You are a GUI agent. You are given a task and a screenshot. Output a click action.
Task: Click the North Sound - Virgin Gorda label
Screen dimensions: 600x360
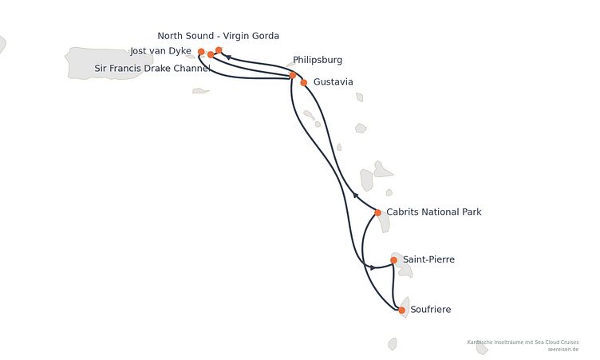(218, 36)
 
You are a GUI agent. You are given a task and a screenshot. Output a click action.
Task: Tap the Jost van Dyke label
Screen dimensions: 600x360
(160, 51)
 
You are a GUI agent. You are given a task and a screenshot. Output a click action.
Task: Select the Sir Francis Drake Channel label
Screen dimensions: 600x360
(152, 68)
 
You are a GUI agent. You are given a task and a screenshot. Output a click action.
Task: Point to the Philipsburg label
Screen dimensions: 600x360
(318, 60)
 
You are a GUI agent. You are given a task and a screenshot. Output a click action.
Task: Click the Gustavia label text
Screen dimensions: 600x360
(333, 82)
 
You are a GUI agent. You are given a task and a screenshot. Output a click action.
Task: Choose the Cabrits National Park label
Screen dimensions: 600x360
(434, 212)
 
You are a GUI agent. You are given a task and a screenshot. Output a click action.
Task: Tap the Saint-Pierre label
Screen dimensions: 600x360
(428, 259)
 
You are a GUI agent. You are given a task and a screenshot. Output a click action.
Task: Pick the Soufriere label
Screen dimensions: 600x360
(431, 310)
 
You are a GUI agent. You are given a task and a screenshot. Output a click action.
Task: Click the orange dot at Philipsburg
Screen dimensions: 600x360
(293, 75)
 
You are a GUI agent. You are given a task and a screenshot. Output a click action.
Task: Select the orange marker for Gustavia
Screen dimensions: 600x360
(304, 83)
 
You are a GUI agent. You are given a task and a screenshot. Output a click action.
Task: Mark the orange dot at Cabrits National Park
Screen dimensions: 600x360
(377, 212)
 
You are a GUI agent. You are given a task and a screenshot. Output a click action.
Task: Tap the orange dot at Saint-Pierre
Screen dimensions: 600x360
(394, 260)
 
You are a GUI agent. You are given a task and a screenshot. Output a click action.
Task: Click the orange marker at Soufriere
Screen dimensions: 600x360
(402, 311)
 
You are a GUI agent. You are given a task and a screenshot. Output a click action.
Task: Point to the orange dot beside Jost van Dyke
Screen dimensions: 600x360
(201, 52)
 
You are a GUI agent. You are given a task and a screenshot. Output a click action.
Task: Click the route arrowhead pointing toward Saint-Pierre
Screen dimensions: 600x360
(373, 267)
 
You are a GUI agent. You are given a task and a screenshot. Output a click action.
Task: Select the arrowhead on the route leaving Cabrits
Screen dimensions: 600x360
(356, 196)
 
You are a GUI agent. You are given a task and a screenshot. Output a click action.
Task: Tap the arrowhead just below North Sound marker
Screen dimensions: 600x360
(228, 57)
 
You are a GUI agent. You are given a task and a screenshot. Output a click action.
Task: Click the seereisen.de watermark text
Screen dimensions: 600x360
(562, 350)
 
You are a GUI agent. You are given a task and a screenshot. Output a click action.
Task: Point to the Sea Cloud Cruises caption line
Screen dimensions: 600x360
(523, 342)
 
